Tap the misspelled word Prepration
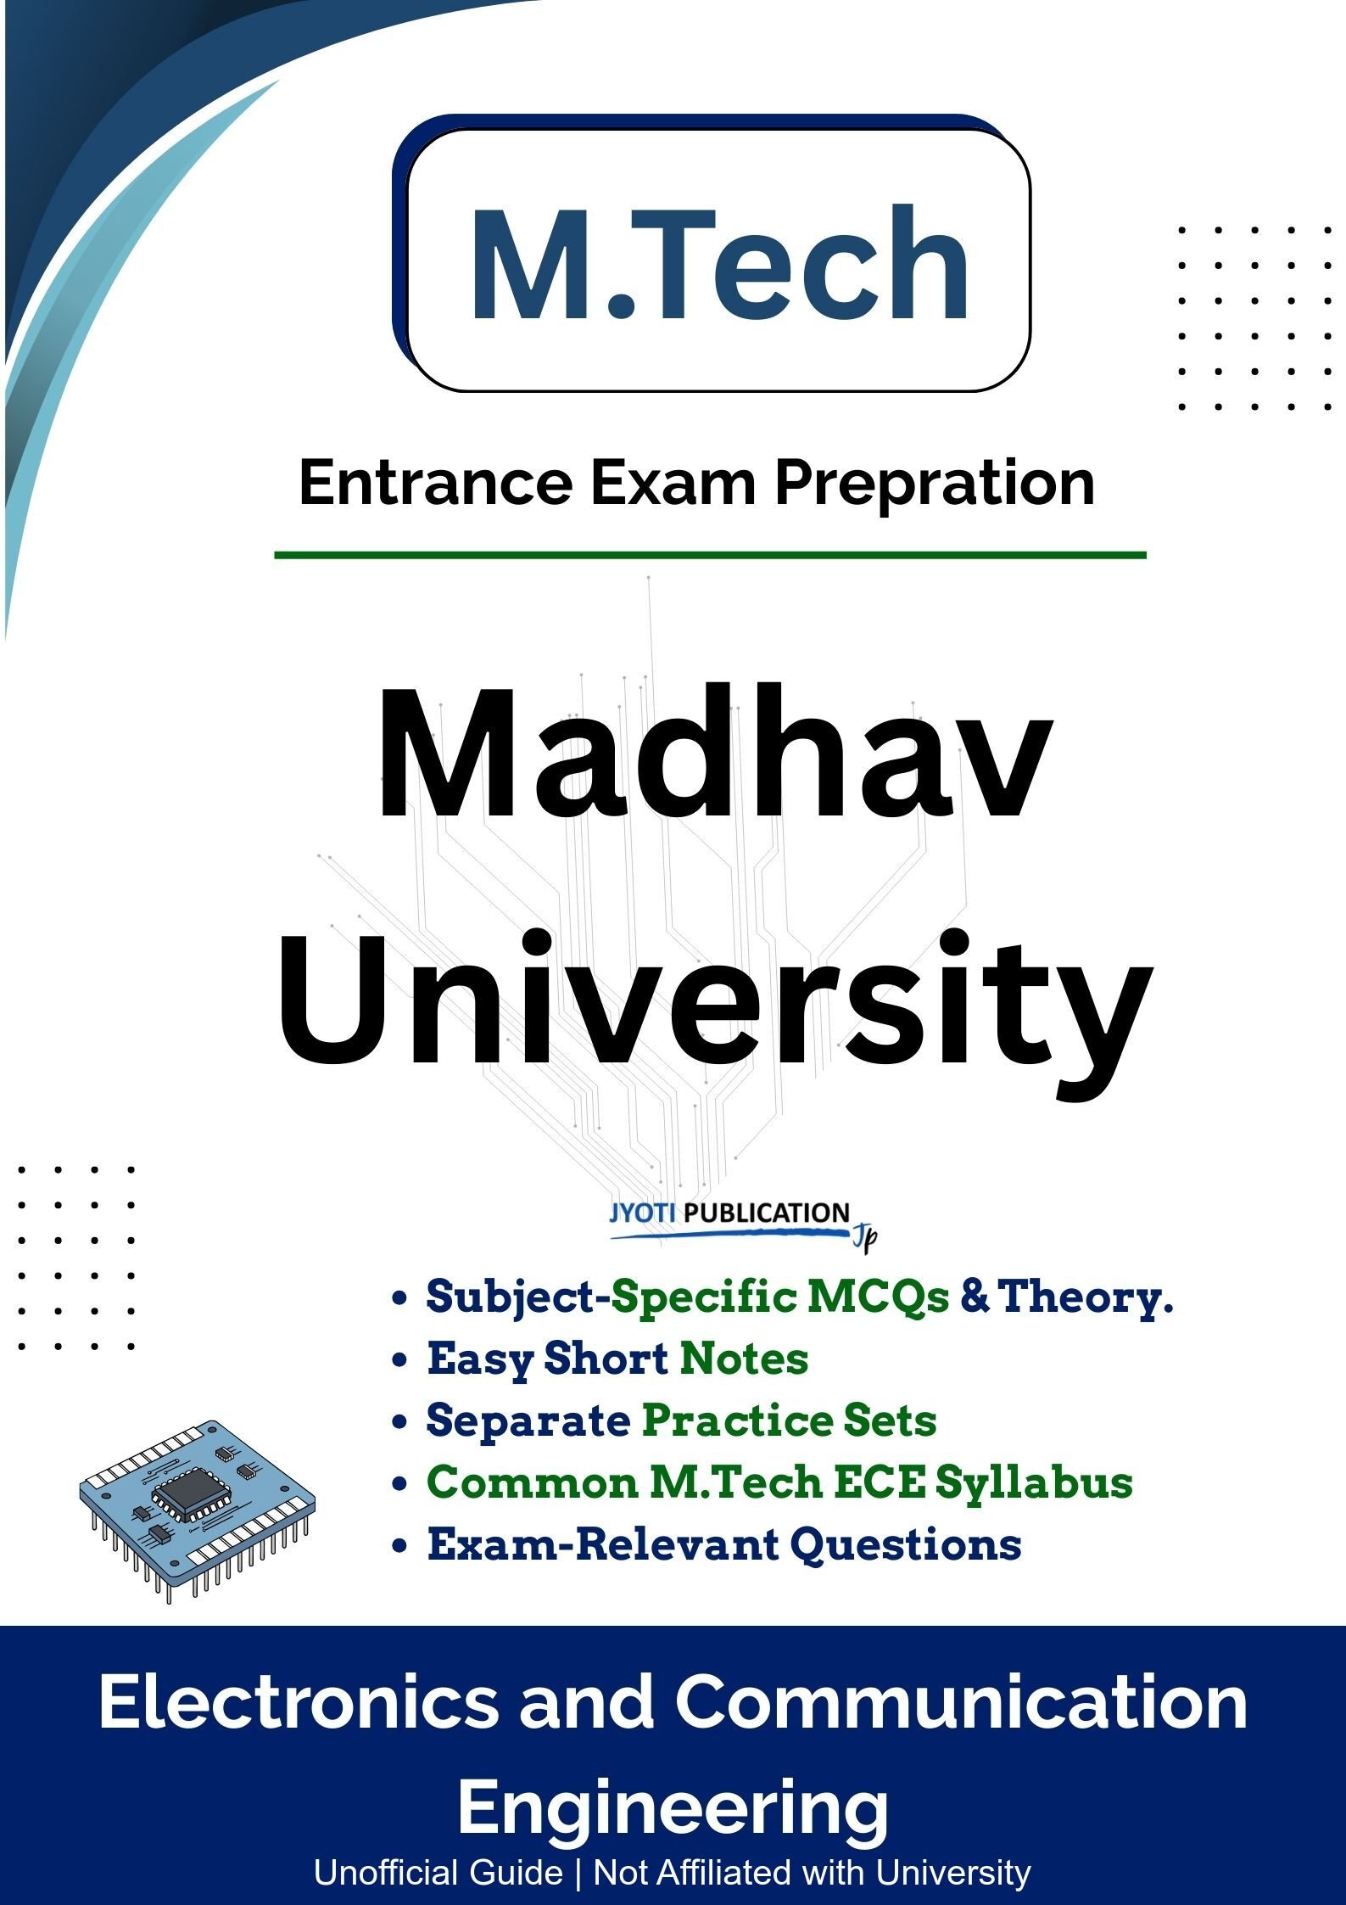(934, 485)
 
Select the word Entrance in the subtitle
(436, 483)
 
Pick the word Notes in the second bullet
(744, 1359)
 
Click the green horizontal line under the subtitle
(710, 555)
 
